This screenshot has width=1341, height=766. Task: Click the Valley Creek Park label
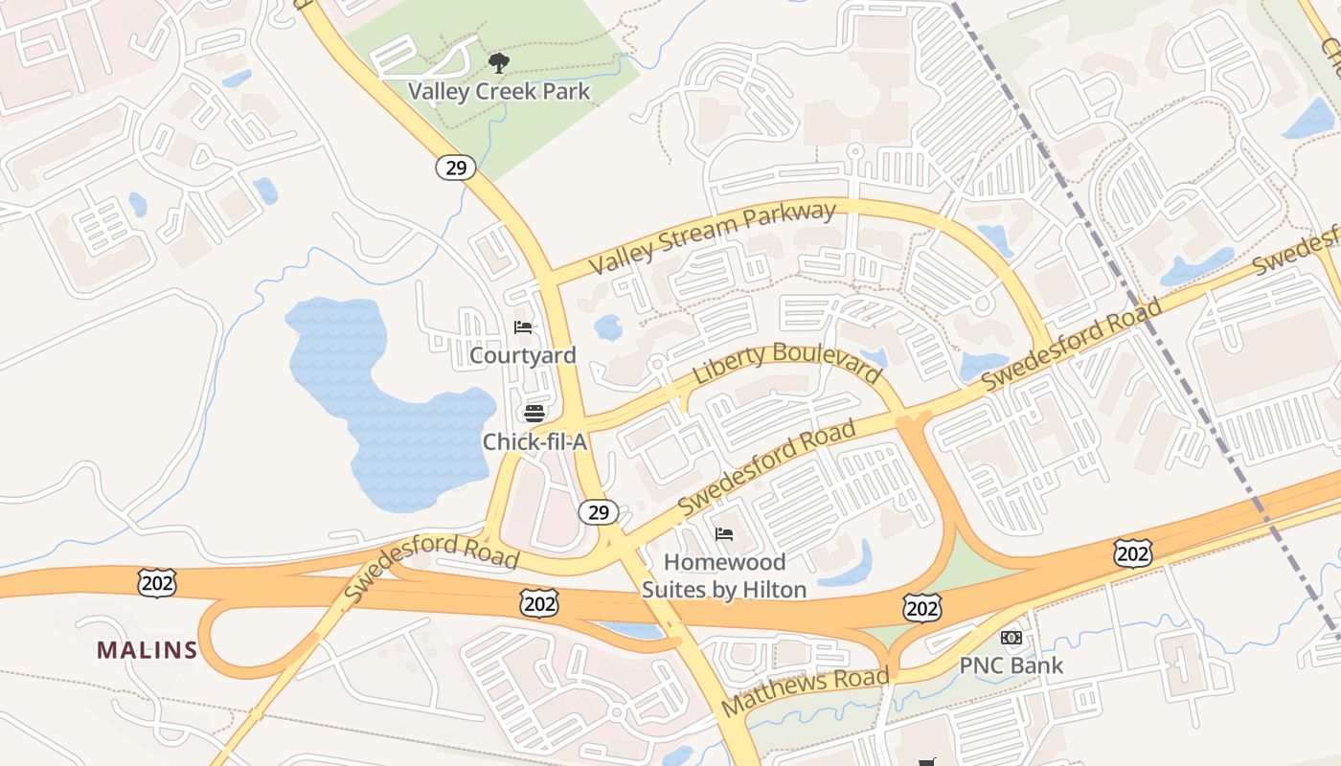point(499,91)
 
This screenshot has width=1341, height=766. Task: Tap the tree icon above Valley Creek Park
point(498,64)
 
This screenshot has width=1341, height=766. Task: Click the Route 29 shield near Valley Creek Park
point(456,168)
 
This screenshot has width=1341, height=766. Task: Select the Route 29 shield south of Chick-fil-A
point(599,512)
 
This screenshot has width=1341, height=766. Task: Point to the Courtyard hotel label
point(523,355)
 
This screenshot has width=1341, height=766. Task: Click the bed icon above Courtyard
point(523,327)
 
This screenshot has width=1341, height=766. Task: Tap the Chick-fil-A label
point(534,441)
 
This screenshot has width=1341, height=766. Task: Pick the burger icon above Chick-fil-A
point(534,414)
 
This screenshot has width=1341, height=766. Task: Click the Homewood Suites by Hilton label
point(724,575)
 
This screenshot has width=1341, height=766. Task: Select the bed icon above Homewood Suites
point(724,534)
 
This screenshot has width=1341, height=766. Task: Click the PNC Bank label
point(1011,665)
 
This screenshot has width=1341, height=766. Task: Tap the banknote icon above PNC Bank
point(1011,638)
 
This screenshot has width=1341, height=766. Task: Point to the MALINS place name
point(147,650)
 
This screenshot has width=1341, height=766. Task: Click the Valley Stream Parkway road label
point(713,237)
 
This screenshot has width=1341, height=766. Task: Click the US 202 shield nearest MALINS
point(156,582)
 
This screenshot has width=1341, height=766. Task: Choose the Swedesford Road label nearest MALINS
point(431,568)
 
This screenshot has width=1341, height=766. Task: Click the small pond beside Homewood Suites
point(849,565)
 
